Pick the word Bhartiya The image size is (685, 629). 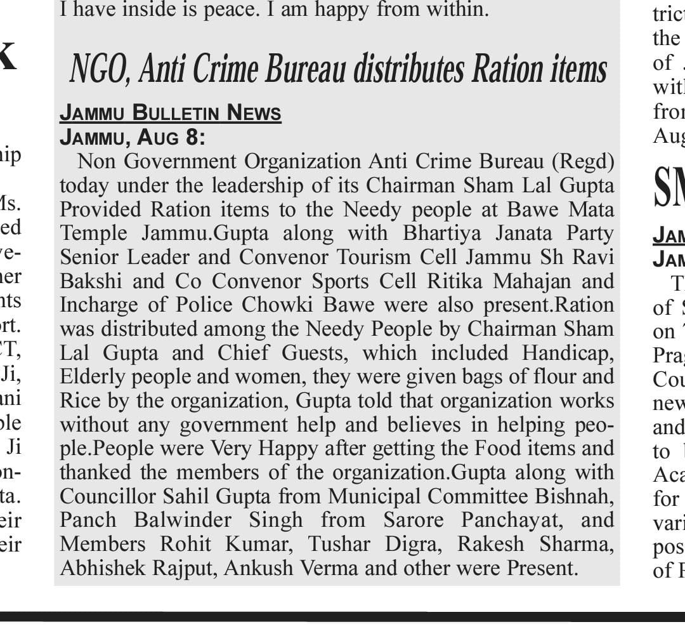tap(440, 233)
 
